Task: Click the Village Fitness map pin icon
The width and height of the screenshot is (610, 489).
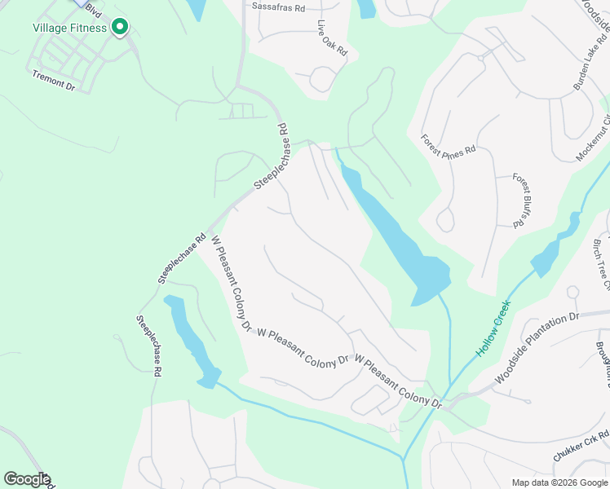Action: [x=120, y=28]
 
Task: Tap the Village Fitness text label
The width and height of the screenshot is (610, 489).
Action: [x=69, y=28]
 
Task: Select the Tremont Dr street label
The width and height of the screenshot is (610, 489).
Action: [x=54, y=79]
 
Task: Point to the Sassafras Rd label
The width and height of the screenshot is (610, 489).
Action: [x=278, y=7]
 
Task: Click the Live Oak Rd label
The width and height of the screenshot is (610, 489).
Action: [x=333, y=38]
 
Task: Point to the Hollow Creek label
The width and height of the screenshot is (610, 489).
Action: [x=493, y=328]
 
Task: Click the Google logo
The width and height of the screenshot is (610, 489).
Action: [x=27, y=479]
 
